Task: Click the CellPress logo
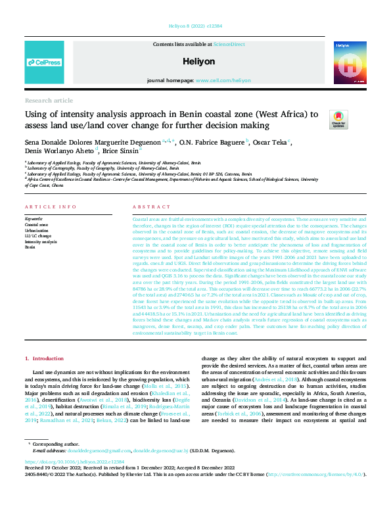[x=43, y=62]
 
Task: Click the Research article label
[x=49, y=100]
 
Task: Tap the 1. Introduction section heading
[x=45, y=359]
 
